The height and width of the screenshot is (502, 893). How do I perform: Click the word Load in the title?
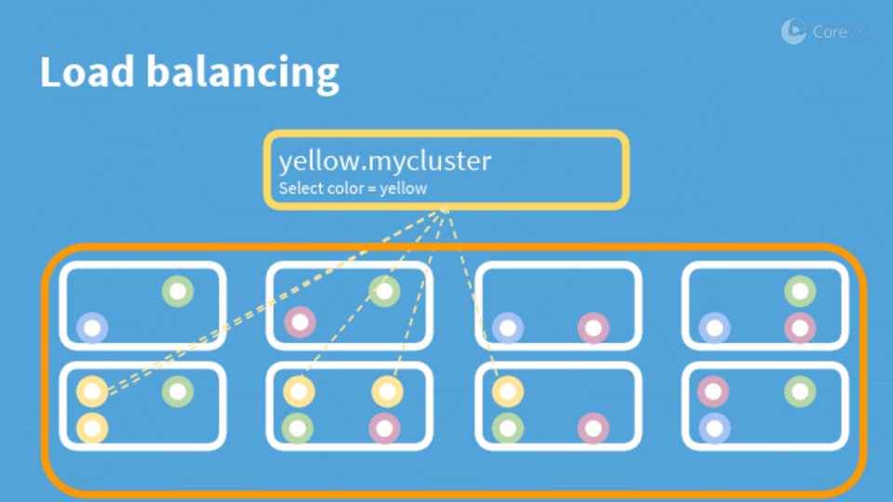pyautogui.click(x=85, y=73)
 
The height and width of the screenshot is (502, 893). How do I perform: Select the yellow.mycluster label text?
pyautogui.click(x=384, y=161)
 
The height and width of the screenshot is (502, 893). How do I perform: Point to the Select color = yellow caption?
pyautogui.click(x=353, y=189)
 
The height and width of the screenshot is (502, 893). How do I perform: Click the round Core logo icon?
pyautogui.click(x=793, y=32)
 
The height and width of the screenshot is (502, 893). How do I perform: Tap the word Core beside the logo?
pyautogui.click(x=829, y=32)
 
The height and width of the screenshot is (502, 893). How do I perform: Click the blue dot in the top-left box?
pyautogui.click(x=92, y=327)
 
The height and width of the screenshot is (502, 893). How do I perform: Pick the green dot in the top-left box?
pyautogui.click(x=178, y=292)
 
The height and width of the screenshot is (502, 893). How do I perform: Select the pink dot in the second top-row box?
pyautogui.click(x=300, y=323)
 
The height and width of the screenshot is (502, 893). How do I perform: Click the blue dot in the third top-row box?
pyautogui.click(x=507, y=327)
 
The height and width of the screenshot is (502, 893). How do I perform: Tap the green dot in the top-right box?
pyautogui.click(x=800, y=292)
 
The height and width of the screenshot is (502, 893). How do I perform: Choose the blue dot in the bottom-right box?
pyautogui.click(x=714, y=428)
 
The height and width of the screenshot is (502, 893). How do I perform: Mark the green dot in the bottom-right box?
pyautogui.click(x=800, y=391)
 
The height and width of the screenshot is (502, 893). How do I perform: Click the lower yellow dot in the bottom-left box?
pyautogui.click(x=92, y=428)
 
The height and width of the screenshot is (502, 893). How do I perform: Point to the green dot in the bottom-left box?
pyautogui.click(x=178, y=391)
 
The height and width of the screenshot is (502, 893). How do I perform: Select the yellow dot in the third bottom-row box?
pyautogui.click(x=507, y=391)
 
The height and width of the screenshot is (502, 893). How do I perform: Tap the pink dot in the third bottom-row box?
pyautogui.click(x=593, y=428)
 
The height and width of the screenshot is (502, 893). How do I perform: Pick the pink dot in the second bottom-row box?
pyautogui.click(x=384, y=428)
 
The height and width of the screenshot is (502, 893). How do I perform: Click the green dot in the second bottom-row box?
pyautogui.click(x=298, y=428)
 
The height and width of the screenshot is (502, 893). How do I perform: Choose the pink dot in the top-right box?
pyautogui.click(x=800, y=327)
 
